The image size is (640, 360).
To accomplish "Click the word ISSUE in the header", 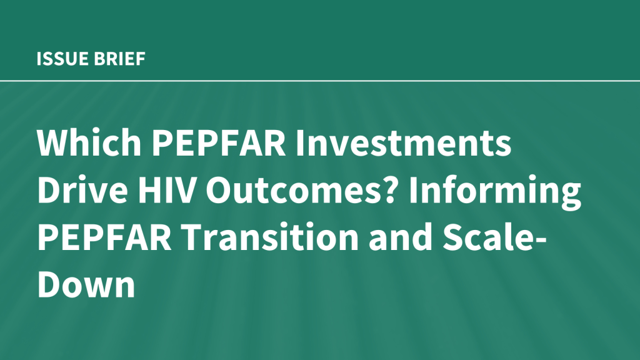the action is click(x=63, y=59).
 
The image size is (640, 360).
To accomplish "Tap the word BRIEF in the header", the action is click(x=119, y=59).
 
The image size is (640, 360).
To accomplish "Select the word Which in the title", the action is click(x=89, y=142).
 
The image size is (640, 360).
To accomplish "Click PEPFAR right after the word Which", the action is click(x=219, y=143).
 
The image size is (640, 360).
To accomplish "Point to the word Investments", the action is click(x=403, y=143).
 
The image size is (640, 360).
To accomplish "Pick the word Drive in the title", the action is click(x=82, y=190).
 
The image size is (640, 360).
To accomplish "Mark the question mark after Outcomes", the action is click(x=391, y=190).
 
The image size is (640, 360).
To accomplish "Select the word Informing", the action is click(x=495, y=192).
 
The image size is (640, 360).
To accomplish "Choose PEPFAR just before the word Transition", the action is click(x=104, y=237).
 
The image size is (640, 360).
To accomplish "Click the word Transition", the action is click(x=270, y=237).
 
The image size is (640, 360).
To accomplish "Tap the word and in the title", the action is click(x=401, y=237).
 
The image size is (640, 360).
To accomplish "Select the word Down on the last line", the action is click(x=86, y=284).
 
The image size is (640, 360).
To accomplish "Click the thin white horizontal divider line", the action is click(x=320, y=81).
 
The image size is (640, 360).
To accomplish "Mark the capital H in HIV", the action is click(x=149, y=190).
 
